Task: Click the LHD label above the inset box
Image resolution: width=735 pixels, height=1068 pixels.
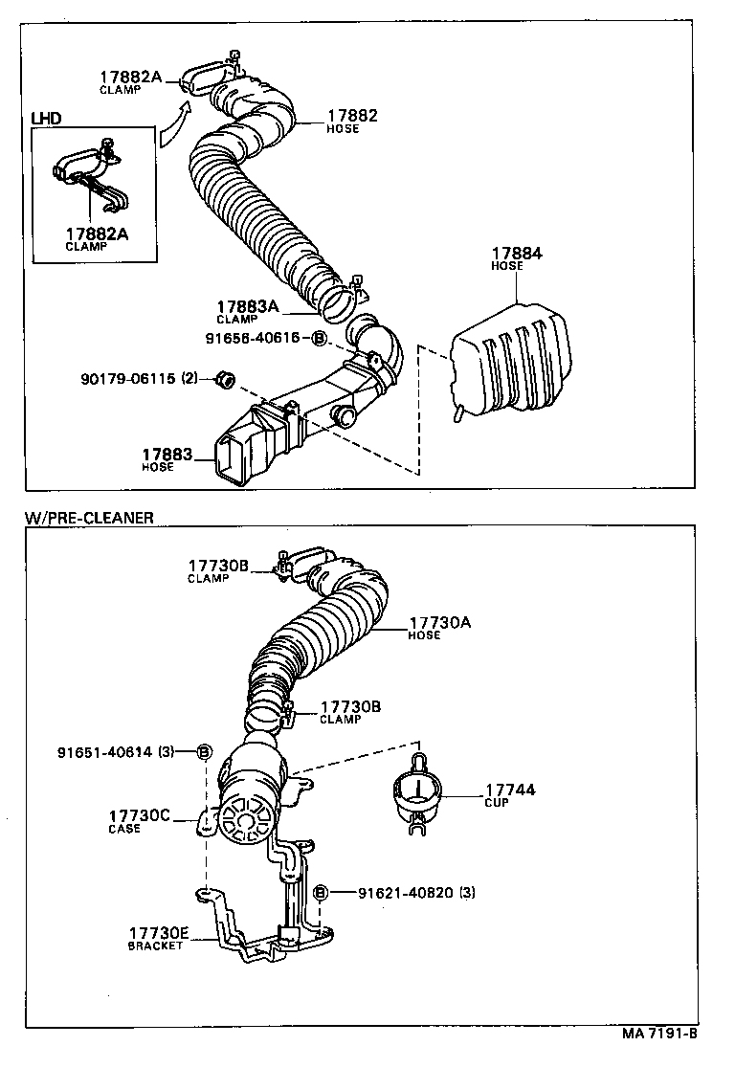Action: (46, 118)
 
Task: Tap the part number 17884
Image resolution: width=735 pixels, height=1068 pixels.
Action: (516, 254)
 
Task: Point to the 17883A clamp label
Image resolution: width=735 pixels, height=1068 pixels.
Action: (246, 306)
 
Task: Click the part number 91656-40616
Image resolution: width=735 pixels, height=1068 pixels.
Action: (253, 338)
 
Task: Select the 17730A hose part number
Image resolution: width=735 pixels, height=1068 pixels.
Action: (439, 622)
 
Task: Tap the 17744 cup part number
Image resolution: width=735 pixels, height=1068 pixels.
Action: (509, 790)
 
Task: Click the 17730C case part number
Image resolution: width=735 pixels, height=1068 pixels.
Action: (139, 815)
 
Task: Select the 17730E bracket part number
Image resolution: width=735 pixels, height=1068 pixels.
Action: (160, 932)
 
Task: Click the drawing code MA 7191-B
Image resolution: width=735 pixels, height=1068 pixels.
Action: (659, 1034)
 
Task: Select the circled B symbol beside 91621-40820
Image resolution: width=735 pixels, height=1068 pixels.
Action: (321, 892)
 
